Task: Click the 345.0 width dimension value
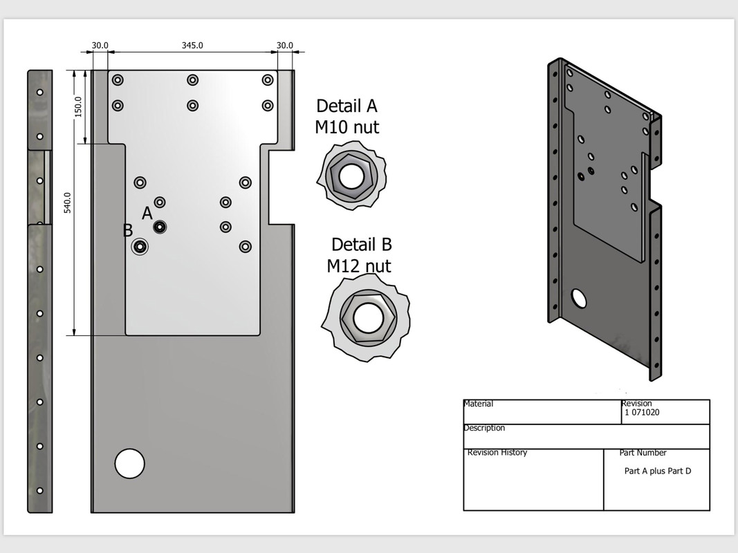coord(192,46)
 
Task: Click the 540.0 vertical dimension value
coord(68,203)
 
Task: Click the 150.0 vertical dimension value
coord(78,106)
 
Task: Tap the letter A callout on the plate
coord(147,214)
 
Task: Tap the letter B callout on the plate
coord(128,230)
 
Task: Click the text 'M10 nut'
coord(347,127)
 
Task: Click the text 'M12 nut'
coord(359,265)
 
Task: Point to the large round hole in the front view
coord(129,463)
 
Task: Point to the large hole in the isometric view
coord(579,299)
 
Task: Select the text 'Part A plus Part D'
coord(657,471)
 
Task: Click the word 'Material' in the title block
coord(479,404)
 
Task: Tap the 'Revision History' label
coord(497,453)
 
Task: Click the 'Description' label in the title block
coord(484,428)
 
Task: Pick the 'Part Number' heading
coord(643,453)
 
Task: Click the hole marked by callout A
coord(160,226)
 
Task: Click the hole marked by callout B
coord(140,246)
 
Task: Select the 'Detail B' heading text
coord(361,245)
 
